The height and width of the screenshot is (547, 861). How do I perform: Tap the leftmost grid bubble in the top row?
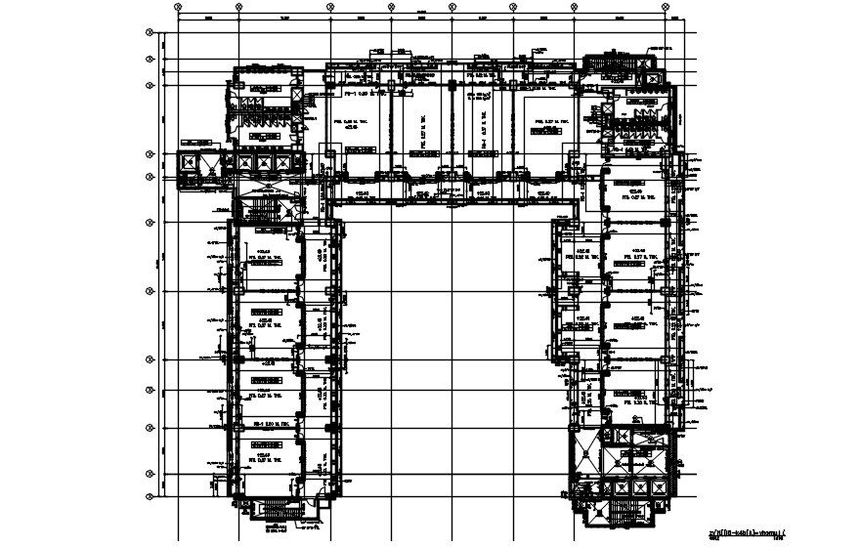click(179, 8)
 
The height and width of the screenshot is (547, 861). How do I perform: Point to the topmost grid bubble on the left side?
click(150, 32)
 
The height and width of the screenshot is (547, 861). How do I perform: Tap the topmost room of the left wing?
click(265, 256)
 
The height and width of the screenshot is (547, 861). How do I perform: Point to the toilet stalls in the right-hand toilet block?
click(635, 117)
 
